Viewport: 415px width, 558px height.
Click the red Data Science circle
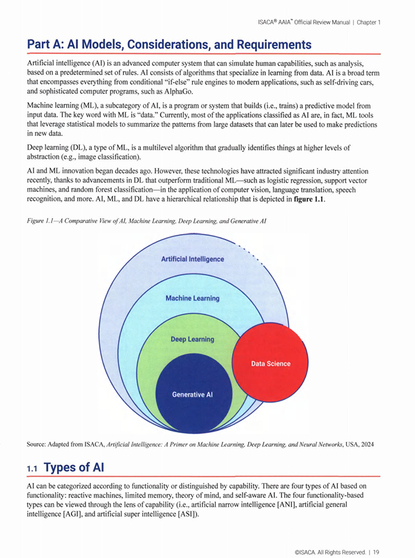pos(270,363)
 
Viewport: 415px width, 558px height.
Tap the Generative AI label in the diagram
pos(192,394)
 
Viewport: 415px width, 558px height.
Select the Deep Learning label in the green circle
pos(192,339)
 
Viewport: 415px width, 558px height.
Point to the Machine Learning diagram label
pos(192,298)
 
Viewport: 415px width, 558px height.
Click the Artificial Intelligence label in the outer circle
pos(192,259)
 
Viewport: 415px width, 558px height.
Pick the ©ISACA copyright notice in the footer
pos(326,551)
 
